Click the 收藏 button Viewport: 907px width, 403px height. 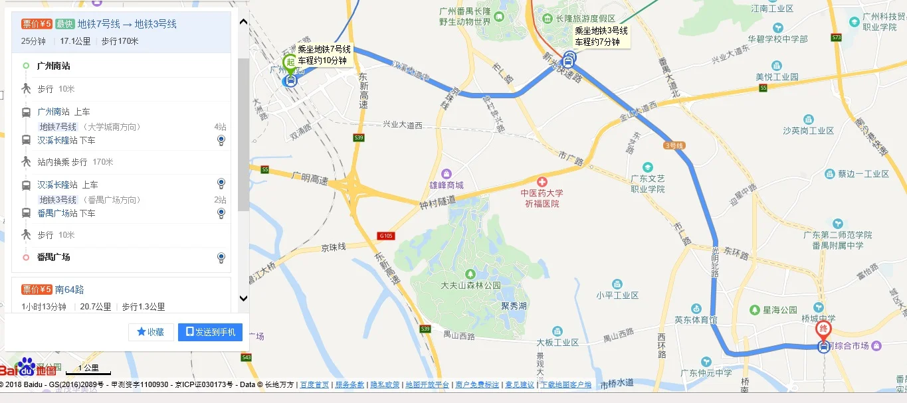[x=151, y=332]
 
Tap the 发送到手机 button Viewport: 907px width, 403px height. [x=210, y=332]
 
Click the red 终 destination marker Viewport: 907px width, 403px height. [x=823, y=329]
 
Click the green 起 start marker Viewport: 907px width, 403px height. [x=290, y=62]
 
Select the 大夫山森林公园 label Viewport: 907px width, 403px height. [x=470, y=285]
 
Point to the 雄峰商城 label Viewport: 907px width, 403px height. [x=446, y=185]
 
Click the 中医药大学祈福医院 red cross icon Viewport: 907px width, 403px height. [x=542, y=182]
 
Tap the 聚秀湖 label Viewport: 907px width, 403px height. [x=514, y=307]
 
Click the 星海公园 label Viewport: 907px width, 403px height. [x=780, y=310]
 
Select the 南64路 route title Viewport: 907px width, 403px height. [x=69, y=289]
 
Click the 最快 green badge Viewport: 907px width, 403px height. [x=64, y=24]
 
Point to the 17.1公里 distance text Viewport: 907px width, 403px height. [x=75, y=41]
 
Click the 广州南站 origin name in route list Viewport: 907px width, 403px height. [x=53, y=66]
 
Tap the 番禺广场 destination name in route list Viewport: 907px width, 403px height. [x=53, y=257]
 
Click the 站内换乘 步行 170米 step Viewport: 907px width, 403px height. [x=75, y=162]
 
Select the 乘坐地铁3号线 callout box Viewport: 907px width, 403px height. [x=601, y=36]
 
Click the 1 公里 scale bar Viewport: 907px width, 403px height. [x=88, y=368]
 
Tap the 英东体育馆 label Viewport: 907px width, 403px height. [x=696, y=319]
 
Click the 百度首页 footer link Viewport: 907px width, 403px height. [x=314, y=384]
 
